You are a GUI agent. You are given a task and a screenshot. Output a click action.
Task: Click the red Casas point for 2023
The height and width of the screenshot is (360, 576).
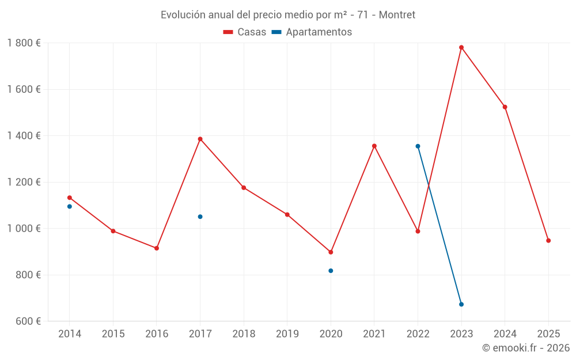tap(461, 47)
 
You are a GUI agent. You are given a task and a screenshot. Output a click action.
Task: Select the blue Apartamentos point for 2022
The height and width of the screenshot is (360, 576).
tap(418, 146)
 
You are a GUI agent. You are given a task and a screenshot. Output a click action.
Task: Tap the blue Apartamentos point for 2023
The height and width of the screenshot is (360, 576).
tap(461, 304)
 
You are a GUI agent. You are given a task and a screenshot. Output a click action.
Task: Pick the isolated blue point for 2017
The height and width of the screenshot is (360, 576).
tap(200, 217)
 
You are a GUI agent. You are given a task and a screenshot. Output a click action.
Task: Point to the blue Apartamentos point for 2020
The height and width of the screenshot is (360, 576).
tap(331, 271)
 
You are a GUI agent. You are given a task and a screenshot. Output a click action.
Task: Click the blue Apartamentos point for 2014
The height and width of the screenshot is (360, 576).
tap(70, 206)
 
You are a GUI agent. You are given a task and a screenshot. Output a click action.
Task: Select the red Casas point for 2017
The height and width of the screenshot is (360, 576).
tap(200, 139)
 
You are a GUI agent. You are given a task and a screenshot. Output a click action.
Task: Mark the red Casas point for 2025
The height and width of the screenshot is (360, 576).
tap(548, 241)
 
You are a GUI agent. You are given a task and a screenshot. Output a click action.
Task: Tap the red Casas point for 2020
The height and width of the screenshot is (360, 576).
tap(331, 252)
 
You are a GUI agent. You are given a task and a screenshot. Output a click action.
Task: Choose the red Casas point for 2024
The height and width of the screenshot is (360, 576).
tap(505, 107)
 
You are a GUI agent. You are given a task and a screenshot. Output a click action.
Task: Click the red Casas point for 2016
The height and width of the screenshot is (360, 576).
tap(157, 248)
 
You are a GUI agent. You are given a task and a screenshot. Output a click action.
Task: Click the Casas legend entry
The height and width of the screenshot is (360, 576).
tap(245, 32)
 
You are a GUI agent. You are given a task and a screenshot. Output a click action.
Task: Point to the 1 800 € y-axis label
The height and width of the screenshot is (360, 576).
tap(24, 43)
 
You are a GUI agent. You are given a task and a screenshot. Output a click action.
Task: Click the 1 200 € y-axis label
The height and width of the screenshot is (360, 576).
tap(24, 182)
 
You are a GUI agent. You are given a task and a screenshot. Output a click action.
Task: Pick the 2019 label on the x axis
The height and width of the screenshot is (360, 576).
tap(287, 334)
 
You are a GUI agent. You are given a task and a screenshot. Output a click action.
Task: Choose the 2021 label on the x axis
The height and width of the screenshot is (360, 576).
tap(374, 334)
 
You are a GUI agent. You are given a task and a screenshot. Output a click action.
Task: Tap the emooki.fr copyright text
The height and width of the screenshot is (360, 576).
tap(525, 348)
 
